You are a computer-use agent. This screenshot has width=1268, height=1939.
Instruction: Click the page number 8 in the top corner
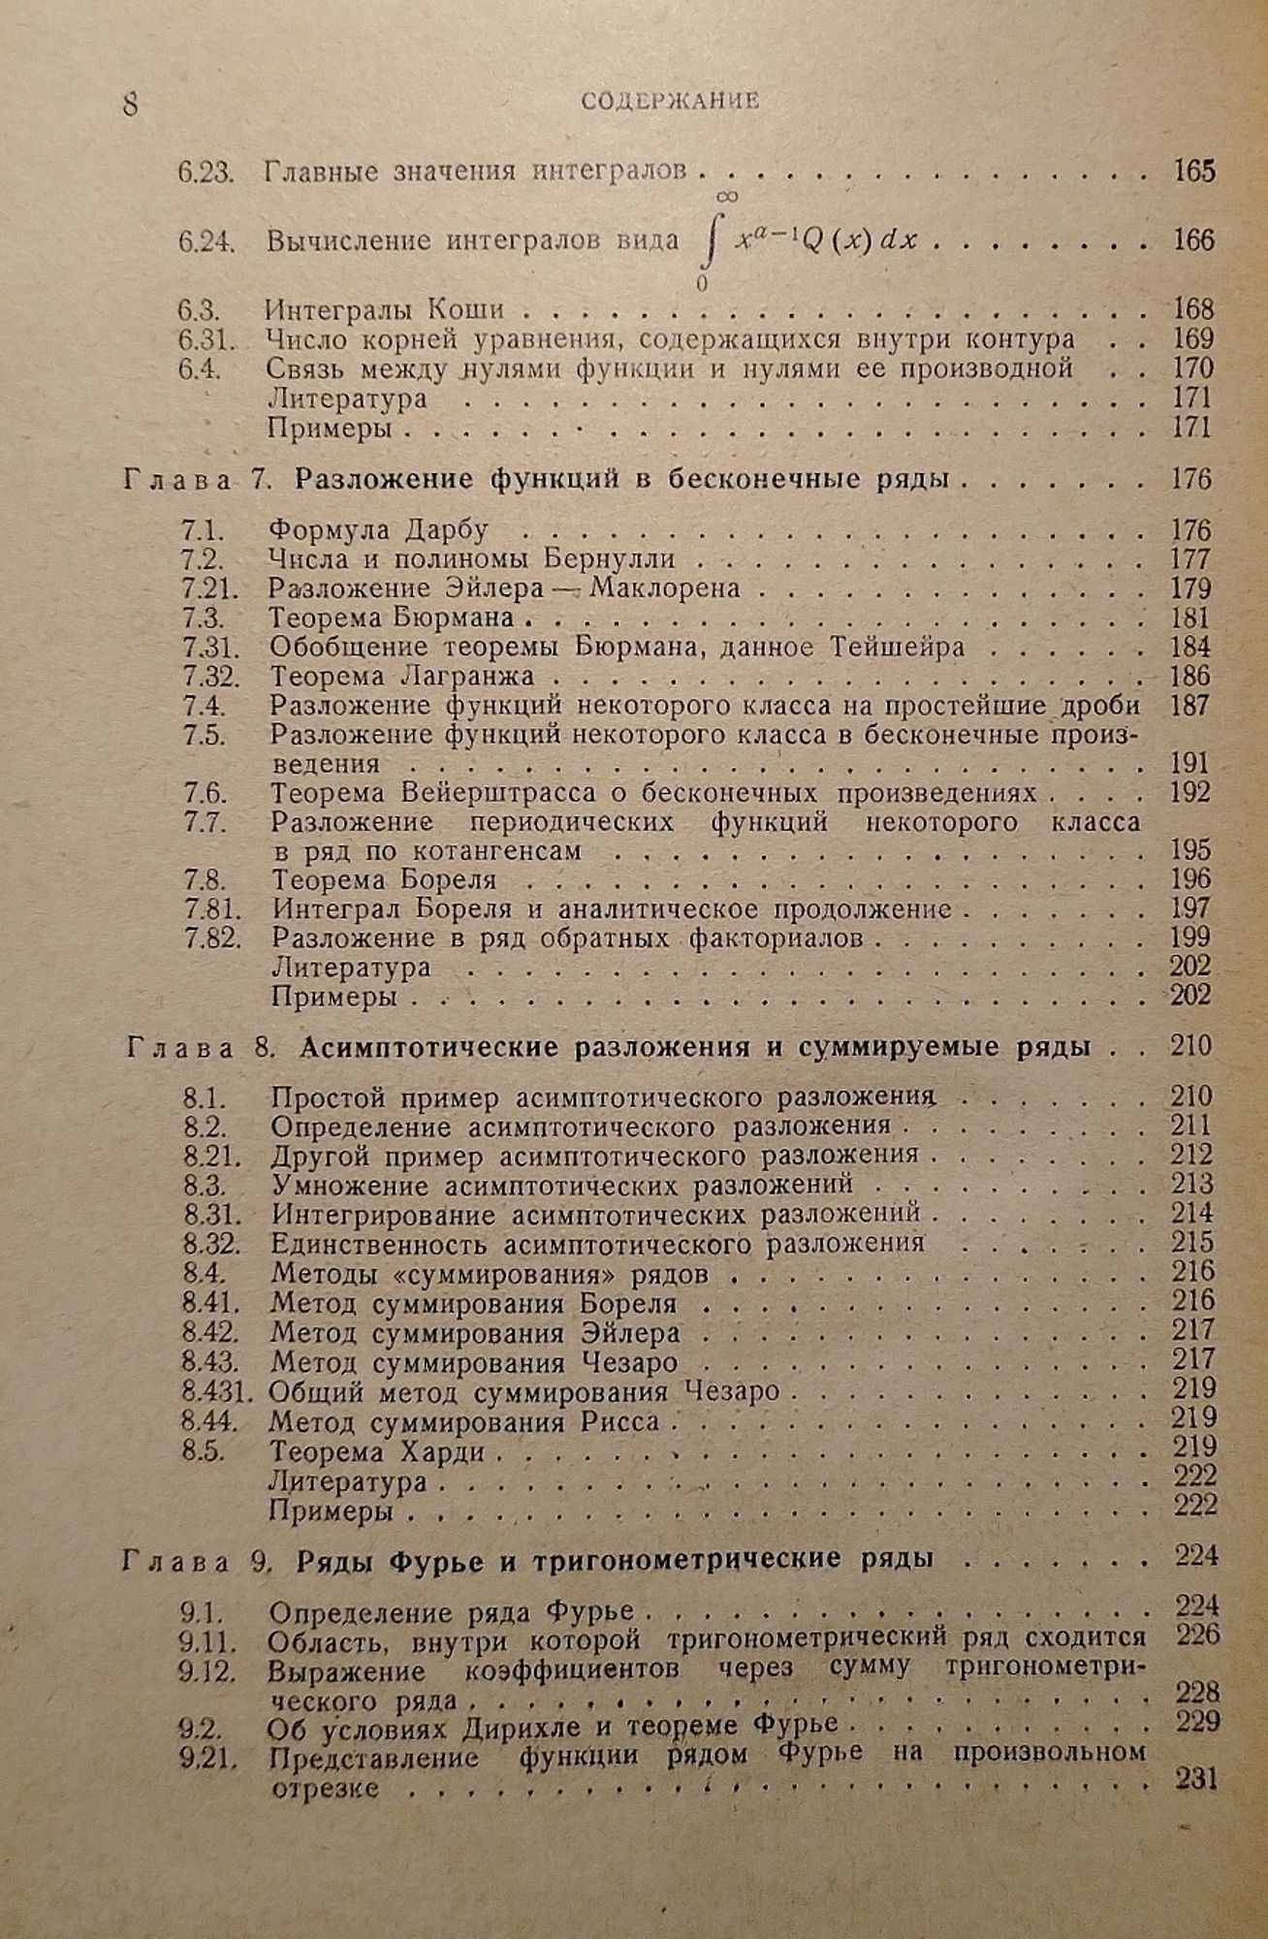(131, 104)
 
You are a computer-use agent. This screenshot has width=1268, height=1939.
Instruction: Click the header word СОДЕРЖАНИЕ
(671, 101)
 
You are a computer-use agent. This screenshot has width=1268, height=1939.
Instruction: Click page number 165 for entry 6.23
(1193, 172)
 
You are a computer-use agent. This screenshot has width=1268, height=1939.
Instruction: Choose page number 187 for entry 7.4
(1190, 706)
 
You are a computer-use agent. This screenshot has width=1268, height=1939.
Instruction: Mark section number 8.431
(216, 1392)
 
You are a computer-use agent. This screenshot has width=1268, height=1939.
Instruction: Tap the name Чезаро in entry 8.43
(625, 1363)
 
